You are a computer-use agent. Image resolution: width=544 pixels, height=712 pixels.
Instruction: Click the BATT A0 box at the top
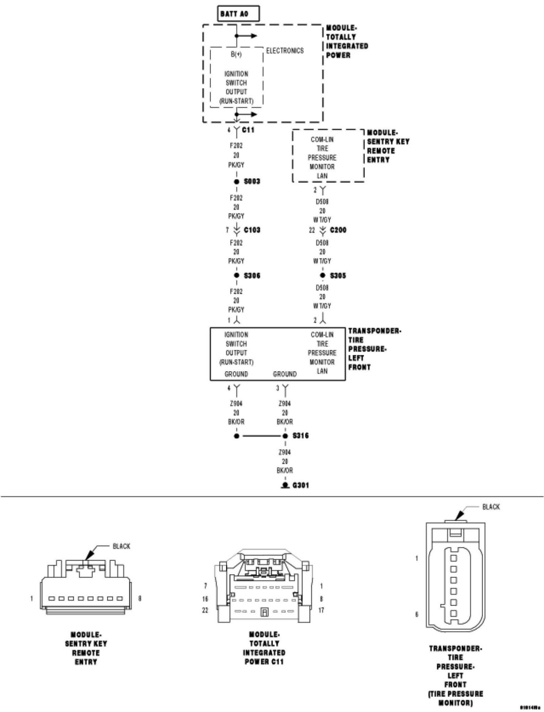pyautogui.click(x=238, y=14)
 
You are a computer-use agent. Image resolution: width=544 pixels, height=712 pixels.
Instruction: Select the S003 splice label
pyautogui.click(x=252, y=182)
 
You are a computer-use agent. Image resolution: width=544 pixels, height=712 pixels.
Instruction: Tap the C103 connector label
pyautogui.click(x=252, y=230)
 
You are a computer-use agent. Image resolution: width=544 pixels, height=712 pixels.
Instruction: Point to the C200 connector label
pyautogui.click(x=338, y=230)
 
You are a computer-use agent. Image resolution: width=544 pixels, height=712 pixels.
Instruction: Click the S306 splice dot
pyautogui.click(x=237, y=275)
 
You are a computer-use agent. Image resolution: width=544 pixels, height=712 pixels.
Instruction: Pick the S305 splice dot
pyautogui.click(x=323, y=275)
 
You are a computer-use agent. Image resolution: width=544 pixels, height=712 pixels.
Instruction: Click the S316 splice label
pyautogui.click(x=300, y=436)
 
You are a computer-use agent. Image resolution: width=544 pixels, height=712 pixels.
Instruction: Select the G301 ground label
pyautogui.click(x=300, y=485)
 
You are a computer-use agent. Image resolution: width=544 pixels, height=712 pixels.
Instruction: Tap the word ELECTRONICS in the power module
pyautogui.click(x=285, y=51)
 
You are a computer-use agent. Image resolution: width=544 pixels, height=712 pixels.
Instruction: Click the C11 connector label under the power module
pyautogui.click(x=248, y=130)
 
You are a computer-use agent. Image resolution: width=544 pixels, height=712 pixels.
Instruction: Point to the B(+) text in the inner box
pyautogui.click(x=236, y=54)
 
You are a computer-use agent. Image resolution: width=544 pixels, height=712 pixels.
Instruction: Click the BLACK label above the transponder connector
pyautogui.click(x=491, y=507)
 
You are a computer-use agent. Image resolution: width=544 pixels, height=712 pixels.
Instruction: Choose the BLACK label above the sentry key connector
pyautogui.click(x=121, y=546)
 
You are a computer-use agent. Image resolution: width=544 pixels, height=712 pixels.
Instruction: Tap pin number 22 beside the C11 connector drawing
pyautogui.click(x=205, y=610)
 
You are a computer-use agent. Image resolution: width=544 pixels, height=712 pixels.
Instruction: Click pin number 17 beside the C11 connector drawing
pyautogui.click(x=321, y=610)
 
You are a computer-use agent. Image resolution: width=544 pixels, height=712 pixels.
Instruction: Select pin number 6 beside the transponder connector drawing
pyautogui.click(x=417, y=614)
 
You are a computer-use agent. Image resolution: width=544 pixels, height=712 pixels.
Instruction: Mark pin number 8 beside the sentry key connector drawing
pyautogui.click(x=140, y=598)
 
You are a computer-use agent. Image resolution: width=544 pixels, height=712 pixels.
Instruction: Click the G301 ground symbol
pyautogui.click(x=285, y=485)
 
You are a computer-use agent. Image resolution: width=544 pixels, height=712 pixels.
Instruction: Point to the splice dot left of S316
pyautogui.click(x=236, y=436)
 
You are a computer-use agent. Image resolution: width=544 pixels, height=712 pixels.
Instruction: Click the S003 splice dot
pyautogui.click(x=237, y=182)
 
